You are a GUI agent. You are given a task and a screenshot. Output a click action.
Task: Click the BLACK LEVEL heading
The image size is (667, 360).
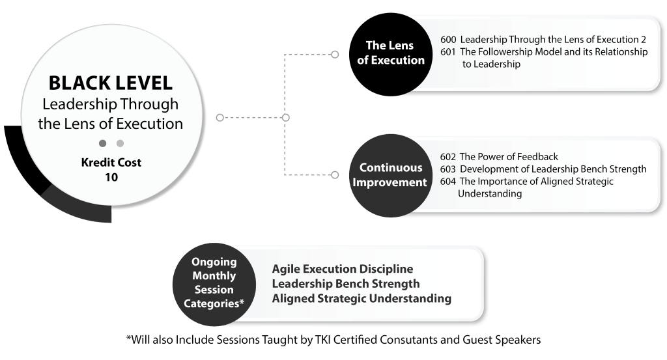tap(111, 83)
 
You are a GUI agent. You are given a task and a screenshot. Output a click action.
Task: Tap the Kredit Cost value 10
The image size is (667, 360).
tap(111, 177)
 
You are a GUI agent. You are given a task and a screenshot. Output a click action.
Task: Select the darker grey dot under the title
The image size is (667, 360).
tap(102, 143)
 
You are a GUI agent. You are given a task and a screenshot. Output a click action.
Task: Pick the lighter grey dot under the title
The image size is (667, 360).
tap(121, 143)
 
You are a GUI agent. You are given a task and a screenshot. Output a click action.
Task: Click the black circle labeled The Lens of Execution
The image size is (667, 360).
tap(391, 55)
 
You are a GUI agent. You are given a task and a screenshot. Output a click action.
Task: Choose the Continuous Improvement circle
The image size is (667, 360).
tap(391, 176)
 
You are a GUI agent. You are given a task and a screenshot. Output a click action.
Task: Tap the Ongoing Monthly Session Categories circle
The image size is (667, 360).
tap(214, 284)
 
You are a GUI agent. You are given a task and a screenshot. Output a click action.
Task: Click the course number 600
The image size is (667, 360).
tap(448, 40)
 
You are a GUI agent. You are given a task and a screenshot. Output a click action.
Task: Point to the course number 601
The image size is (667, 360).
tap(448, 52)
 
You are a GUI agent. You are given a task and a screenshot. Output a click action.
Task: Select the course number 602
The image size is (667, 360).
tap(448, 157)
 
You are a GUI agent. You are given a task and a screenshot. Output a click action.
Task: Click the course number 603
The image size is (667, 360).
tap(448, 169)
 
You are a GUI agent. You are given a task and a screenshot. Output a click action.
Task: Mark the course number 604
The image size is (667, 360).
tap(448, 182)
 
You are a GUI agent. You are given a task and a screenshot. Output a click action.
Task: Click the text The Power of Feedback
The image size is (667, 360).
tap(509, 157)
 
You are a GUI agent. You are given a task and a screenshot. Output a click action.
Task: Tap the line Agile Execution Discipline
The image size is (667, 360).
tap(343, 269)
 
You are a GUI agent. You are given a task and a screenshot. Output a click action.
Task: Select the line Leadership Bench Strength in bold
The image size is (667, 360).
tap(346, 283)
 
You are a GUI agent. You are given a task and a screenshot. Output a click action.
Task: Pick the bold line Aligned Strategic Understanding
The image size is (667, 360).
tap(362, 298)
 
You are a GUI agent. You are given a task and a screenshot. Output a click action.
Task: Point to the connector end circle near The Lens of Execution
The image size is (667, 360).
tap(335, 55)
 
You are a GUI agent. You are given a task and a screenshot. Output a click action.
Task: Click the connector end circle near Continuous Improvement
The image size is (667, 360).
tap(335, 174)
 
